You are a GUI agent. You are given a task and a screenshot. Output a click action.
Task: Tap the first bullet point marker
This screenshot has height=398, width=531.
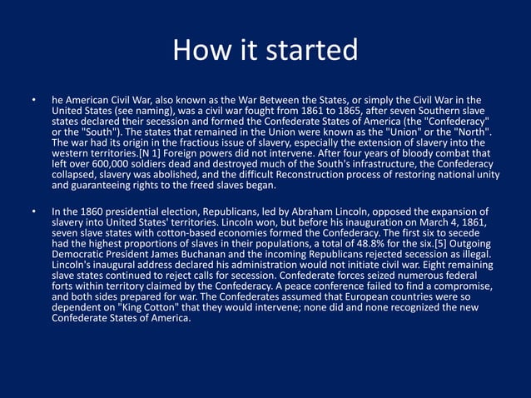coord(33,102)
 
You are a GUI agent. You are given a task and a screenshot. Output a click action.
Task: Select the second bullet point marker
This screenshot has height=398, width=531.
coord(33,211)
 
